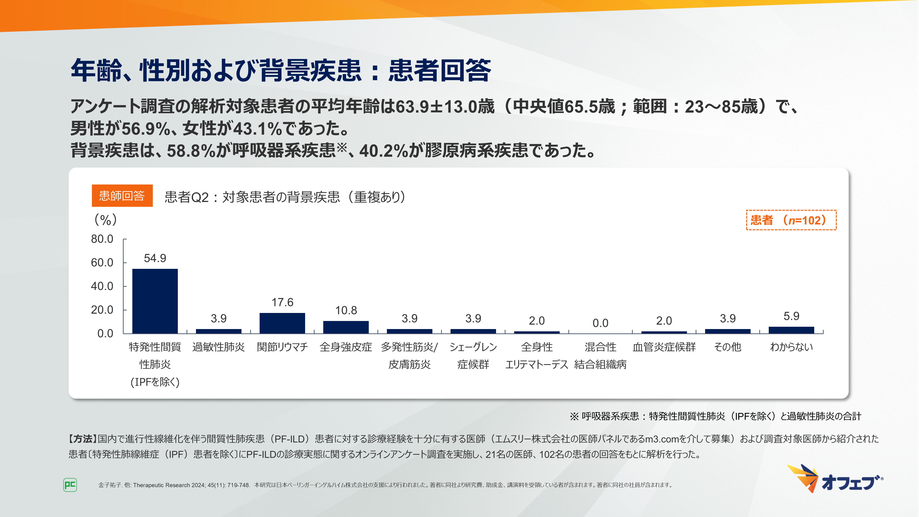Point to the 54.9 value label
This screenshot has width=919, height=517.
[155, 258]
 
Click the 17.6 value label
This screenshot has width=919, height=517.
[282, 302]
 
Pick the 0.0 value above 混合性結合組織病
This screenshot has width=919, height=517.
[600, 323]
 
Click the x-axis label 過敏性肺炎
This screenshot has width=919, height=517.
[218, 347]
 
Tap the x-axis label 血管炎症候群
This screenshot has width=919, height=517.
[664, 347]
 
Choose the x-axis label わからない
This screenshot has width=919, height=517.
[791, 347]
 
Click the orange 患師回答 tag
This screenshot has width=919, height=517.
[122, 196]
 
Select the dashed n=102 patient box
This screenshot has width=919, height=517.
[791, 220]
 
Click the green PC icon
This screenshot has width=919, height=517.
[70, 485]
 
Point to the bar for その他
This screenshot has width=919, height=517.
[728, 331]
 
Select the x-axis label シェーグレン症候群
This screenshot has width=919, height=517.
[473, 355]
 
